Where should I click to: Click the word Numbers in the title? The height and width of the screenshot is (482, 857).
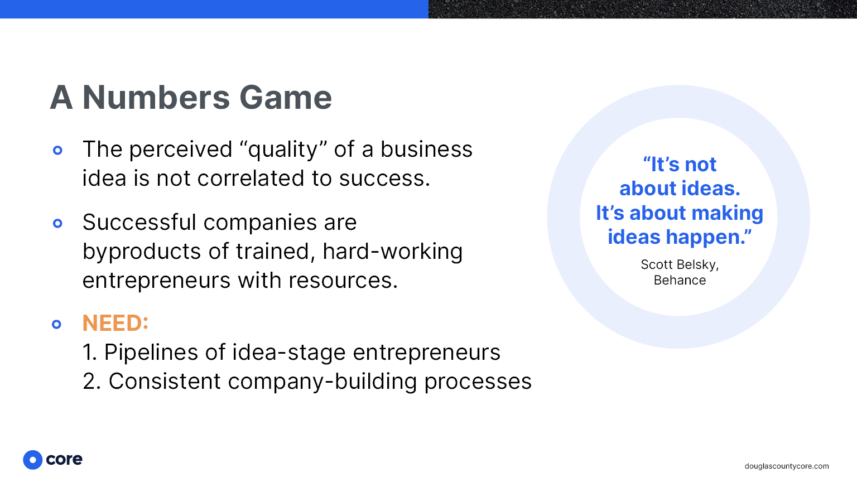pyautogui.click(x=156, y=98)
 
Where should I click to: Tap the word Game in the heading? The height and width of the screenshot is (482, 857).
pyautogui.click(x=286, y=98)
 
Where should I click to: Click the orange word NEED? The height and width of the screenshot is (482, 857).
pyautogui.click(x=115, y=323)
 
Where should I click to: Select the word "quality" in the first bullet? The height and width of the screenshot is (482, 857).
pyautogui.click(x=283, y=150)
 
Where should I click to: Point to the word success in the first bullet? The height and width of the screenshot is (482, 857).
pyautogui.click(x=384, y=179)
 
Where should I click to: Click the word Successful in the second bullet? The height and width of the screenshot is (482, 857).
pyautogui.click(x=139, y=222)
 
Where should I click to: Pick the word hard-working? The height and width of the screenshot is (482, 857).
pyautogui.click(x=393, y=252)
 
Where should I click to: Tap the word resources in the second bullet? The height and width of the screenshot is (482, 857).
pyautogui.click(x=343, y=281)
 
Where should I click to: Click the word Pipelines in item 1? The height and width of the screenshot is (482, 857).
pyautogui.click(x=151, y=353)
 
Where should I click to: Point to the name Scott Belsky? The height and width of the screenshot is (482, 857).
pyautogui.click(x=680, y=265)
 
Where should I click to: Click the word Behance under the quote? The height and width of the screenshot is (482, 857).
pyautogui.click(x=680, y=280)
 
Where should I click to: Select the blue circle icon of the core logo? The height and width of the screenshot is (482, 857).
pyautogui.click(x=32, y=460)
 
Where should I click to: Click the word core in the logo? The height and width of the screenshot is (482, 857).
pyautogui.click(x=64, y=460)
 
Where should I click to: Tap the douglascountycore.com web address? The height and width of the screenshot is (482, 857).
pyautogui.click(x=787, y=466)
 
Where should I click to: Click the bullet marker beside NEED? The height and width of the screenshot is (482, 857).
pyautogui.click(x=56, y=324)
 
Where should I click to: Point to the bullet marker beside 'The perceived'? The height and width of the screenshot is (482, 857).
pyautogui.click(x=58, y=150)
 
